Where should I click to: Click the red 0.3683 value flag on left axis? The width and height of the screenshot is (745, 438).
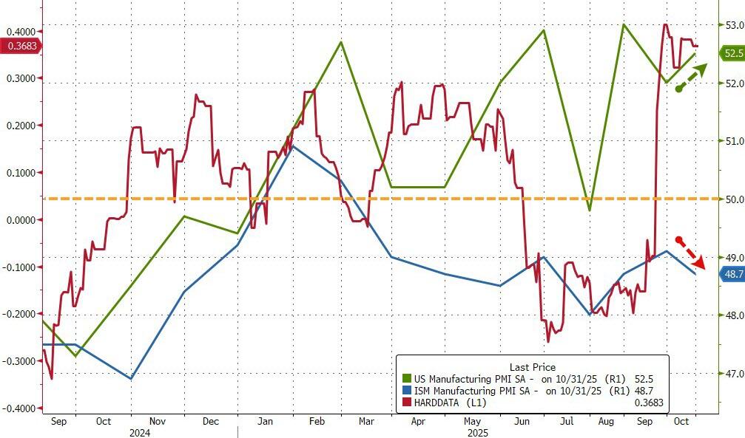point(21,46)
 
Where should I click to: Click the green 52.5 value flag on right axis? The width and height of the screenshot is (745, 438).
point(731,53)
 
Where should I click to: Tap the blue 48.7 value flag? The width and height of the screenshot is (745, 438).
point(731,273)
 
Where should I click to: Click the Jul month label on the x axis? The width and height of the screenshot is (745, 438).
point(566,421)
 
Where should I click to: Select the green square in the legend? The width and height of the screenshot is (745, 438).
point(406,379)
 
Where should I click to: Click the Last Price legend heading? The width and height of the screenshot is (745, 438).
point(533,367)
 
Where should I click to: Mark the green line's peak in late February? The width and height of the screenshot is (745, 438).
point(341,41)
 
